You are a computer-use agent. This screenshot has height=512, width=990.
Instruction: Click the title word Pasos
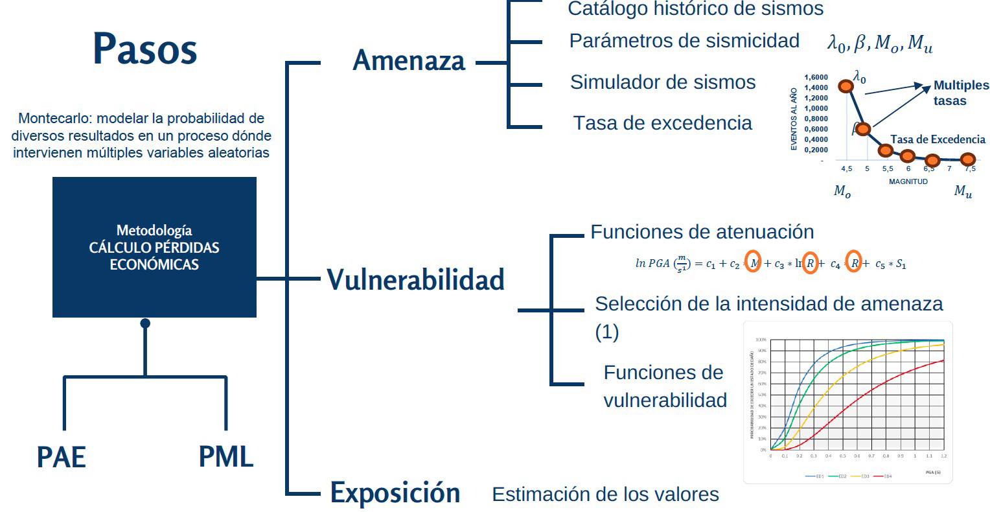[144, 49]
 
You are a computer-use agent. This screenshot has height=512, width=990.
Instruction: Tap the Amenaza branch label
[409, 61]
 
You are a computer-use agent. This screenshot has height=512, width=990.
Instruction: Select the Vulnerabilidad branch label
[415, 280]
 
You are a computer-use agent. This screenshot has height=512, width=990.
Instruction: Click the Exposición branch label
[395, 493]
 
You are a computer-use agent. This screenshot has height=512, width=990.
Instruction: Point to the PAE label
[62, 457]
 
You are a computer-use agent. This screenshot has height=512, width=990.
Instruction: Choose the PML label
[225, 456]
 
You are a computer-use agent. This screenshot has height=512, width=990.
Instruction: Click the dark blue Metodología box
[154, 247]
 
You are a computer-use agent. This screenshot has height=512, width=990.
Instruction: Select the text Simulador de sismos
[663, 82]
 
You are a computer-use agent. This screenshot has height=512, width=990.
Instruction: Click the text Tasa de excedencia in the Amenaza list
[663, 123]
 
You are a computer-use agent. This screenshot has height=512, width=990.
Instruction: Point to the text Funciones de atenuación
[702, 231]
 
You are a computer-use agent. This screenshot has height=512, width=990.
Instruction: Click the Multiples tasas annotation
[960, 93]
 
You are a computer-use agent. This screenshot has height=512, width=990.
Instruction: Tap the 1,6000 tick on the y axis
[816, 77]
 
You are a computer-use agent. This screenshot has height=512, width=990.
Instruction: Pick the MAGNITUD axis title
[908, 181]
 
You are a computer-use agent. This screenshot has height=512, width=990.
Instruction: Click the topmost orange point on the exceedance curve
[846, 86]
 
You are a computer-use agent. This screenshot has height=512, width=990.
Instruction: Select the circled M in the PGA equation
[752, 262]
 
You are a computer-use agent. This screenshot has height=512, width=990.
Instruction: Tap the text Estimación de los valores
[605, 495]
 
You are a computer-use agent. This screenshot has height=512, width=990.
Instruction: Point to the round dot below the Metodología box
[145, 323]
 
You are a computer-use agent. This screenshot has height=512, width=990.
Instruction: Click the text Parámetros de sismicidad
[684, 40]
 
